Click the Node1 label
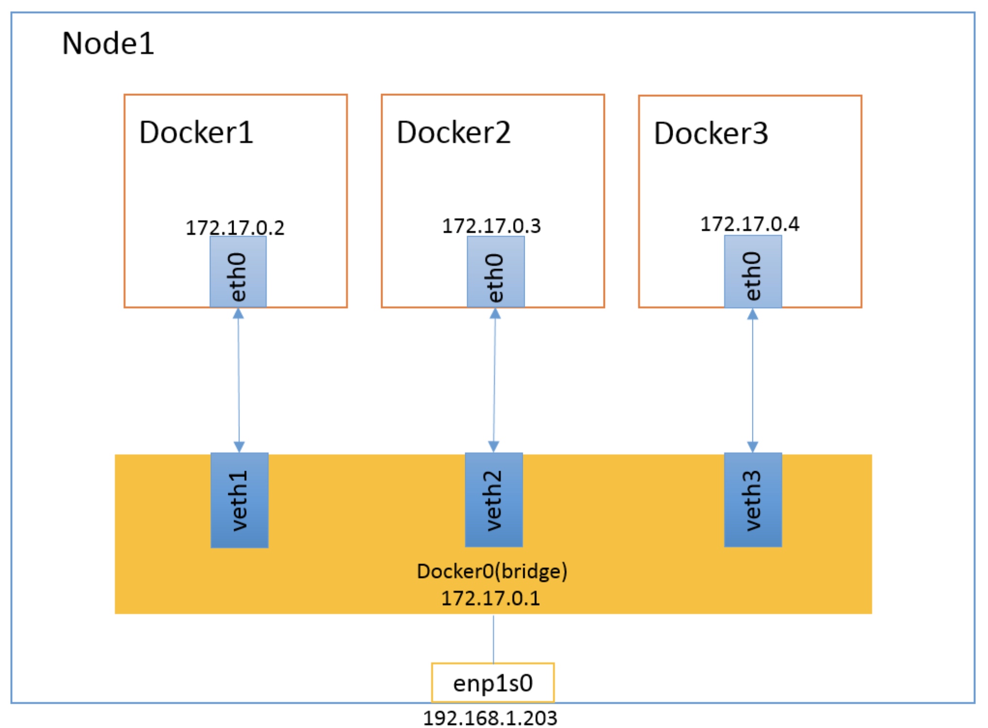point(108,43)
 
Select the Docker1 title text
point(196,132)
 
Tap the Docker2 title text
point(454,132)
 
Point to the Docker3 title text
point(711,133)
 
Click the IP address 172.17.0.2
point(235,228)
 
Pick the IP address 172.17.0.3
point(491,226)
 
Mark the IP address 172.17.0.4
point(750,224)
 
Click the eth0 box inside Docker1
point(238,273)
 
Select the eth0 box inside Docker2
point(495,273)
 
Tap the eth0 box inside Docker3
point(753,272)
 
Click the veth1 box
point(239,500)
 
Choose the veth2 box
point(494,500)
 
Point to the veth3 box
point(753,500)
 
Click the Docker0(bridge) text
point(492,571)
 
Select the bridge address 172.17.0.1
point(491,598)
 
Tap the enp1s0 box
point(493,683)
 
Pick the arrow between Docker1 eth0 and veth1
point(238,380)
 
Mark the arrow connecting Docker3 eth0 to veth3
point(752,380)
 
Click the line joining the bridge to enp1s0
point(493,638)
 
